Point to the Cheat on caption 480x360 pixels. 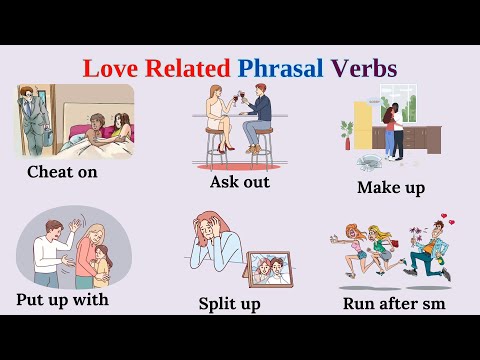pyautogui.click(x=69, y=171)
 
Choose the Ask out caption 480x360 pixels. pyautogui.click(x=239, y=182)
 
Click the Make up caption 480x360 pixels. pyautogui.click(x=391, y=187)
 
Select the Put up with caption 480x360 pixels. pyautogui.click(x=62, y=299)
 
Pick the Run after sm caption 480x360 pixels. pyautogui.click(x=393, y=302)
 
